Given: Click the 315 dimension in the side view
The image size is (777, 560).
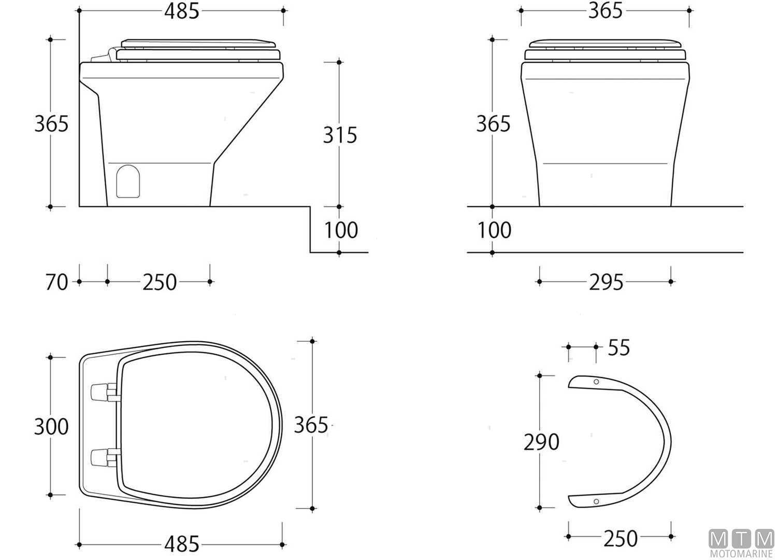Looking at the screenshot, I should [340, 135].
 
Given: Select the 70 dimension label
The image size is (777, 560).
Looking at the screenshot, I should [57, 283].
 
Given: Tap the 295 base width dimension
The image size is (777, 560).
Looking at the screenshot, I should [606, 283].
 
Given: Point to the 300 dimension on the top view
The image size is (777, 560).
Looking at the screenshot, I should [51, 426].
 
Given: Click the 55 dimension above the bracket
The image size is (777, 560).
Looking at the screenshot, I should [618, 348].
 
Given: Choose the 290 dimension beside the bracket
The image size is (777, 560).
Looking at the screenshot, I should [541, 442].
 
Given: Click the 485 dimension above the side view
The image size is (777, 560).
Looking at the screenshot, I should [182, 11].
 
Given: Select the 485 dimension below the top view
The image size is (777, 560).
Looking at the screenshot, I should [182, 544].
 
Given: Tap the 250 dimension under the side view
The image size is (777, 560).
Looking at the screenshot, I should [160, 283].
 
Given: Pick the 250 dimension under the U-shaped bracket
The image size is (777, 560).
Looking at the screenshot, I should [620, 538].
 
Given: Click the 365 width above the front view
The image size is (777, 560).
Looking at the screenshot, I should [605, 11].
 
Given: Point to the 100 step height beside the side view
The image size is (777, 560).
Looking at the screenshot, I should [341, 230].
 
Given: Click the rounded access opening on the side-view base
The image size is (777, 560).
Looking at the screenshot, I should [128, 181].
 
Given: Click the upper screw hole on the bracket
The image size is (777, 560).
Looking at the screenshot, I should [596, 382].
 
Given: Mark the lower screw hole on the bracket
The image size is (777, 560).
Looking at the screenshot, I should [596, 501].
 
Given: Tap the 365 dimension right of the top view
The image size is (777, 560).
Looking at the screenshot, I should [311, 425].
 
